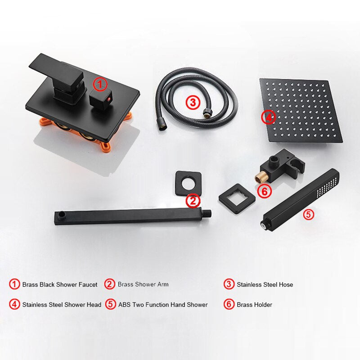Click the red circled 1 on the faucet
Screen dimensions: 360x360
[x=100, y=85]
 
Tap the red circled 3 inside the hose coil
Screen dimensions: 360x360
[x=193, y=102]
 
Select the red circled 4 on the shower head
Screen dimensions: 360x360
[x=268, y=117]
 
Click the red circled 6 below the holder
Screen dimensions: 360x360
[x=264, y=191]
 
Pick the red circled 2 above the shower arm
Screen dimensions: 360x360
[x=193, y=201]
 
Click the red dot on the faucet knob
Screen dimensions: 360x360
[x=109, y=99]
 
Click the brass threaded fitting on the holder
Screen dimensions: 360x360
[x=259, y=177]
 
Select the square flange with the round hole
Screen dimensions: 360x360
[x=188, y=183]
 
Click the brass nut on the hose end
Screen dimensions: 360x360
[x=207, y=113]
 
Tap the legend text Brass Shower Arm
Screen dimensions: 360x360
[x=143, y=284]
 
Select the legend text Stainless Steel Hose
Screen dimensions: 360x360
[x=265, y=285]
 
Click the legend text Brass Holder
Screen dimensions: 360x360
[x=254, y=305]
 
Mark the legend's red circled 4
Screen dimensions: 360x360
[x=14, y=305]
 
